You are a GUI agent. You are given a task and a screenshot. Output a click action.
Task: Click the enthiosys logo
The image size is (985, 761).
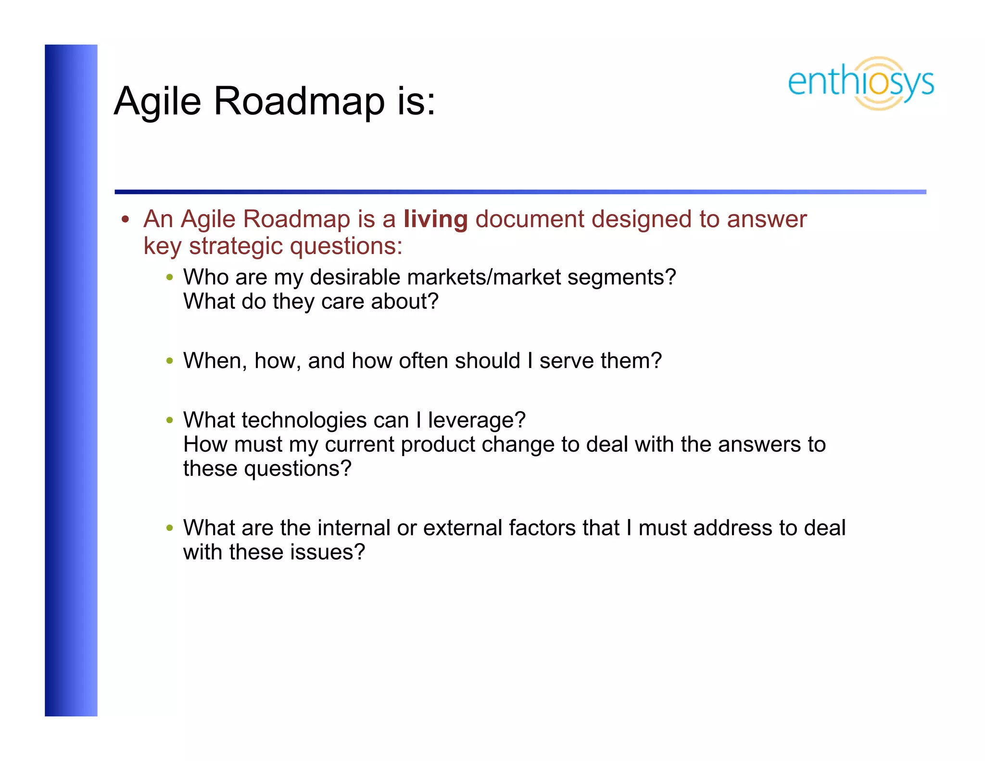pos(860,83)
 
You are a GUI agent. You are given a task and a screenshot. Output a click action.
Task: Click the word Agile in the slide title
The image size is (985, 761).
pos(157,102)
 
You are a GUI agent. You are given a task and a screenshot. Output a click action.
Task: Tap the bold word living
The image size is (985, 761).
pos(435,219)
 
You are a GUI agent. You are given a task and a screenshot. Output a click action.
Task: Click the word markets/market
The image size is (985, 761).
pos(483,278)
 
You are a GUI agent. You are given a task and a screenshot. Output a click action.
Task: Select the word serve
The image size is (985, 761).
pos(566,361)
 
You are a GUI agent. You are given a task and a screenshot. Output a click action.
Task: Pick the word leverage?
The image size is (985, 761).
pos(477,420)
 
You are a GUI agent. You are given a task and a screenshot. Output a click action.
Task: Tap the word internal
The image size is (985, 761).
pos(354,528)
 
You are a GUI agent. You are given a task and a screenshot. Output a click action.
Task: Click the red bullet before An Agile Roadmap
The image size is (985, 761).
pos(126,220)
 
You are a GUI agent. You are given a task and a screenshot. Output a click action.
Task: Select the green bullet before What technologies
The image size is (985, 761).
pos(169,420)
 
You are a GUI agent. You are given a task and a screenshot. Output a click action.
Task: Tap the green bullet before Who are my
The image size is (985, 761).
pos(169,278)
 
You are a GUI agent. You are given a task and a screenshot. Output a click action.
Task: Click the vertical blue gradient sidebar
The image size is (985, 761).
pos(71,380)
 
